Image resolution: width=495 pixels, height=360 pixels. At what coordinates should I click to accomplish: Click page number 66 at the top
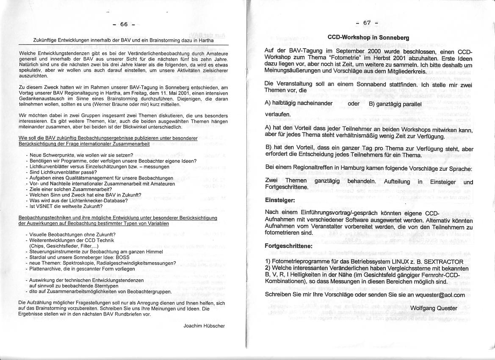click(x=124, y=25)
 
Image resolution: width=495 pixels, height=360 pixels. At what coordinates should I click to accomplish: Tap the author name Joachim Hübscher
click(x=204, y=326)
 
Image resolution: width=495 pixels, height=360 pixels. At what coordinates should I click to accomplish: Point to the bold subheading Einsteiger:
click(x=279, y=200)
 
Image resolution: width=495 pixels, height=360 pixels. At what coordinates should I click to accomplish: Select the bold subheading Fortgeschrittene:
click(x=288, y=246)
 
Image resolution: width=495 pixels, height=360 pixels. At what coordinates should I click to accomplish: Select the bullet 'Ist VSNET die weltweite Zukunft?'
click(x=66, y=206)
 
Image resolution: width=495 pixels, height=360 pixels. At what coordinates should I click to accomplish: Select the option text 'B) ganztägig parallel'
click(x=395, y=104)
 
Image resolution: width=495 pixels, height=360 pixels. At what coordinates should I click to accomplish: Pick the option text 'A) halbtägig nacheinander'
click(x=299, y=103)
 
